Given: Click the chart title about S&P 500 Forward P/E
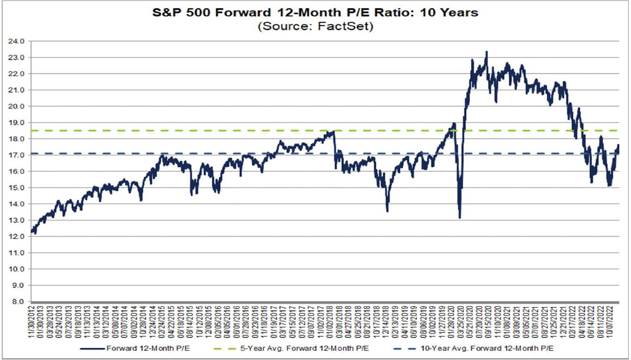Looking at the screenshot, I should click(315, 12).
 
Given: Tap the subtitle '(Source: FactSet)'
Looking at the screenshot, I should click(315, 26).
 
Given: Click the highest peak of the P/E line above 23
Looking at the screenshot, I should click(486, 52).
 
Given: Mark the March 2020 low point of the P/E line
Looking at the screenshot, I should click(459, 218).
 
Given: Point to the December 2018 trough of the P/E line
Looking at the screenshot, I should click(387, 211).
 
